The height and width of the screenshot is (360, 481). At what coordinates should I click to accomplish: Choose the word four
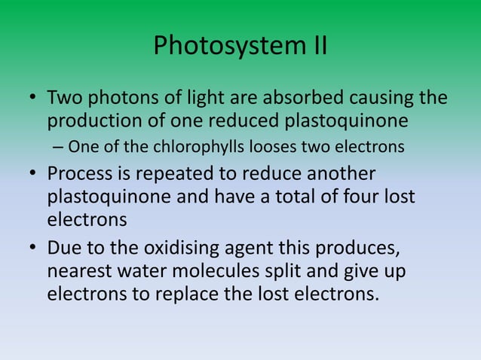coord(351,197)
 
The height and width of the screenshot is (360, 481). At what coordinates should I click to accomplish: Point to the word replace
coord(195,293)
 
